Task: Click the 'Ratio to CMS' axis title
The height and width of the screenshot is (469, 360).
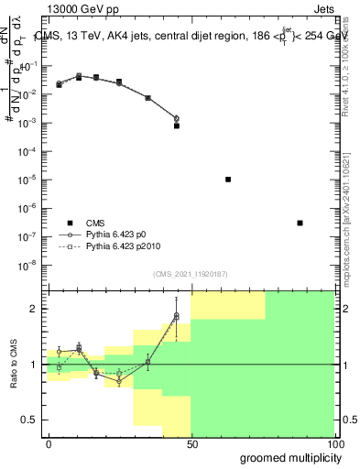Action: tap(15, 365)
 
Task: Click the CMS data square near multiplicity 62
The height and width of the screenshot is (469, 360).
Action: tap(227, 180)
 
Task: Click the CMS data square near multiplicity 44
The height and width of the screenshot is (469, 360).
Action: tap(176, 125)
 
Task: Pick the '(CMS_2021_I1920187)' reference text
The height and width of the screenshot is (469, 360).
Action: tap(191, 272)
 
